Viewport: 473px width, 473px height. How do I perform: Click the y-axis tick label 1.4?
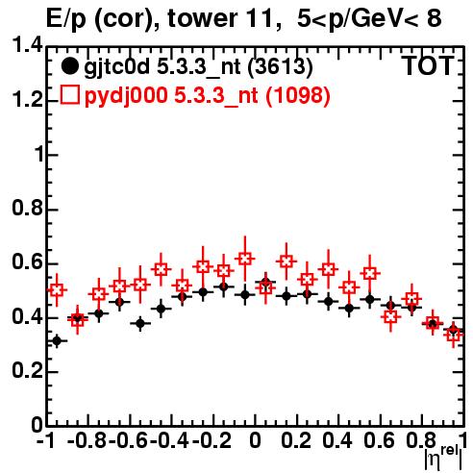click(27, 45)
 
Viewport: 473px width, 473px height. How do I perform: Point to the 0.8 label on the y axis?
click(27, 208)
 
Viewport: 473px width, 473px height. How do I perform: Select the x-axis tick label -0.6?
click(129, 440)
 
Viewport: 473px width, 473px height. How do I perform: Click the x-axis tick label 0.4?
click(337, 440)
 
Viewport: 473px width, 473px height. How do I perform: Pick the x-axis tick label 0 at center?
click(255, 440)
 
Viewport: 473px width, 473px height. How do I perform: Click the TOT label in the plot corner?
click(428, 66)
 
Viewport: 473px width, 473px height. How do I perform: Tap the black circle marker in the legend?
click(69, 66)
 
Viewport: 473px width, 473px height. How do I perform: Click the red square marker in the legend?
click(69, 94)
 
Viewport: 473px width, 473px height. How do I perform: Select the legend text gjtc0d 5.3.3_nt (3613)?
click(198, 67)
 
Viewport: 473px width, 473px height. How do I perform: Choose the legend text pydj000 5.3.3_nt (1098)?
click(207, 96)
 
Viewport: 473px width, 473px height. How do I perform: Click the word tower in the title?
click(203, 18)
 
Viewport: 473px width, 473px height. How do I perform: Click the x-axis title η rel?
click(443, 459)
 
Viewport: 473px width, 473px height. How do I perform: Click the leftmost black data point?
click(57, 340)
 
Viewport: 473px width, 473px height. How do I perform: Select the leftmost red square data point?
click(57, 290)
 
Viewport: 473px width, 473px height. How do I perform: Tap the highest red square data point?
click(245, 259)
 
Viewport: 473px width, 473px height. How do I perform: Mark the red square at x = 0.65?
click(390, 317)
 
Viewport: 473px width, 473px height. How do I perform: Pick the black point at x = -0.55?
click(140, 323)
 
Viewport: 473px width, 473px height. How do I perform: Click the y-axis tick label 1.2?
click(27, 99)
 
